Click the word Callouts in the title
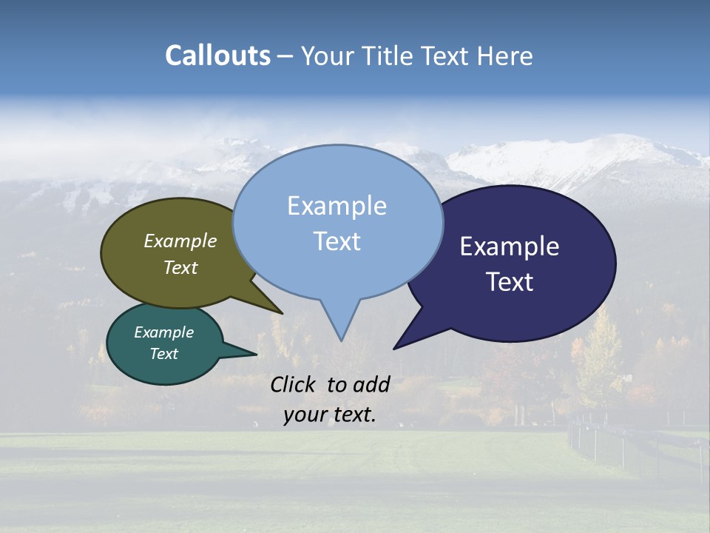pos(217,56)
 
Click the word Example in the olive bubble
pos(180,241)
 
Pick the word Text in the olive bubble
pos(180,267)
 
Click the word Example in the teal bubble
pos(163,332)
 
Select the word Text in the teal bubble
pos(163,354)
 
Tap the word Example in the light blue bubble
pos(337,206)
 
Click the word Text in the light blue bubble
pos(337,241)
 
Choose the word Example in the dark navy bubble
pos(510,247)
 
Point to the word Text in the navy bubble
pos(510,282)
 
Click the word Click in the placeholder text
pos(294,384)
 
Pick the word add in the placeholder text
pos(372,384)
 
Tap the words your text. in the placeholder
pos(330,415)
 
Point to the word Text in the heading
pos(443,56)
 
